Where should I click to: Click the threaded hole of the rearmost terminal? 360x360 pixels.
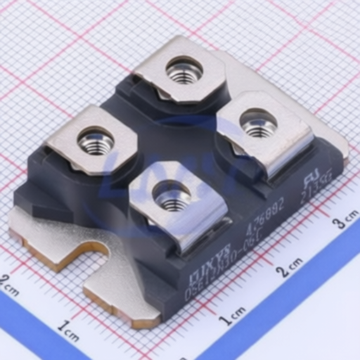pos(184,70)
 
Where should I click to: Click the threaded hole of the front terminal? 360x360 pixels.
pos(170,195)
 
